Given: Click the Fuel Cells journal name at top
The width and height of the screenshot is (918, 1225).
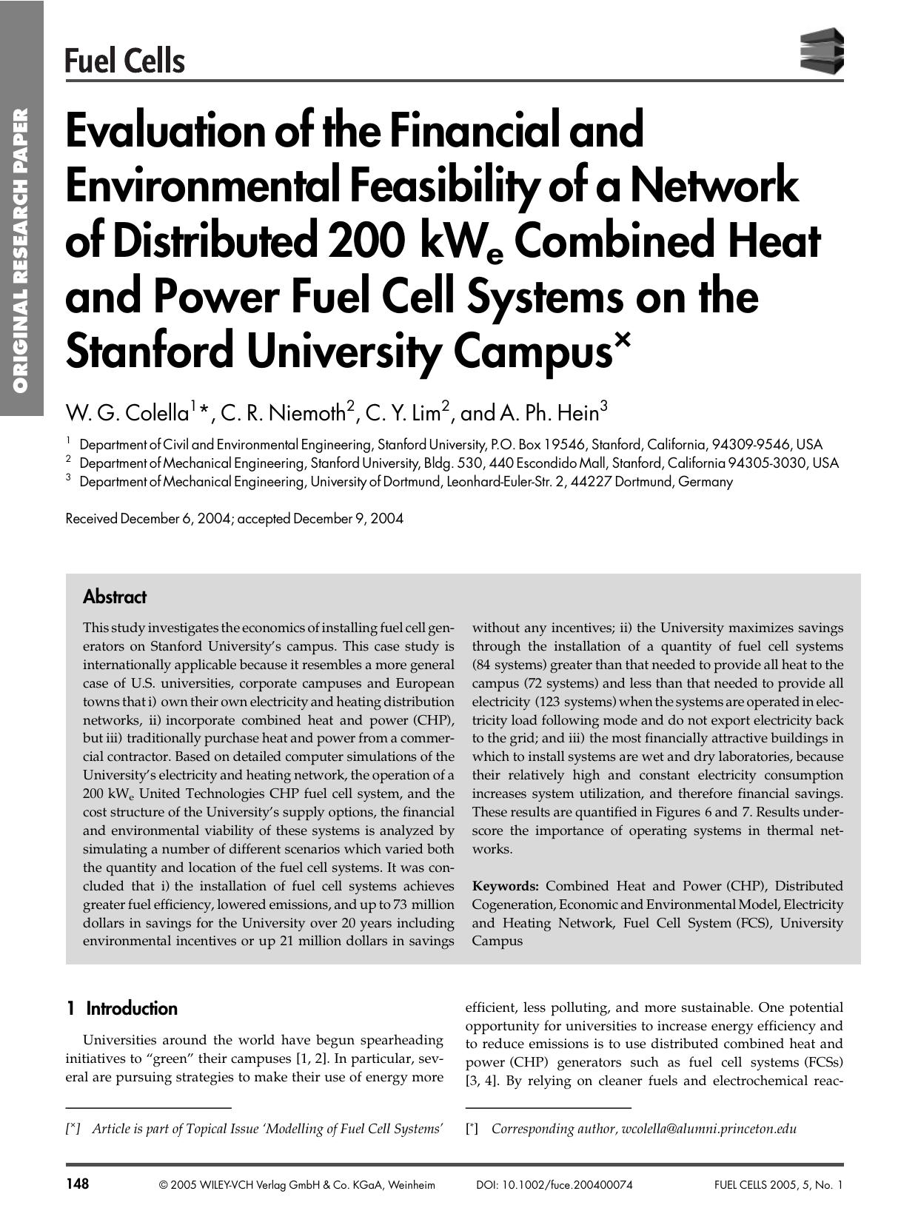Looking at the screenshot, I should point(124,60).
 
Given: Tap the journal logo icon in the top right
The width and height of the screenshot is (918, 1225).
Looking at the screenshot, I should point(822,50).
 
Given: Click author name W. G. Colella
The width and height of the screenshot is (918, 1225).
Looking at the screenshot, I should point(127,412).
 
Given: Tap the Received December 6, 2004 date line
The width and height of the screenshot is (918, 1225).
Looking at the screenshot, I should point(234,518).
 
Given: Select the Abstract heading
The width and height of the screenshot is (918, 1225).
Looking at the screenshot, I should point(114,597).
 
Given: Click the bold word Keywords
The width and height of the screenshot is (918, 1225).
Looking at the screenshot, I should point(505,886).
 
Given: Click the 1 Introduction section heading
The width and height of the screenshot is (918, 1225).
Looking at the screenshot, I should point(121,1008).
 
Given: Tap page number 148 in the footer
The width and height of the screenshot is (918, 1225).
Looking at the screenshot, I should point(77,1184).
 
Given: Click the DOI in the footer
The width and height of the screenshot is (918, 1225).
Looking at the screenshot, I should point(554,1185).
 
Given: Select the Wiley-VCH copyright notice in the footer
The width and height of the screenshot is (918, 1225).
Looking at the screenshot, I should point(296,1185).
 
